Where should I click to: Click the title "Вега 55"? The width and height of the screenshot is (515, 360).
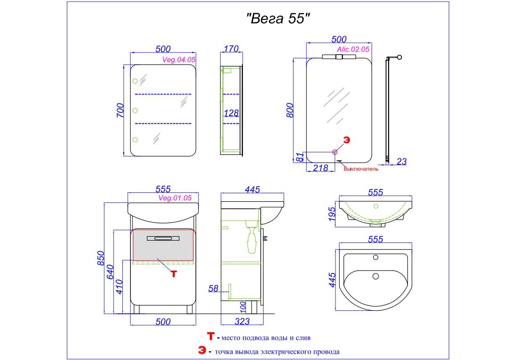[278, 18]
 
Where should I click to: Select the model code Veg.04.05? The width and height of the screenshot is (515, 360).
[179, 60]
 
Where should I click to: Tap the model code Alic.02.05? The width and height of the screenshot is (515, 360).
[353, 49]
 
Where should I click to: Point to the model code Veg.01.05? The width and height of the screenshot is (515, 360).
[175, 198]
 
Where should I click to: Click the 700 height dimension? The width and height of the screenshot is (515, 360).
[120, 110]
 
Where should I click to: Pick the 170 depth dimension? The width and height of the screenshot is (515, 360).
[231, 49]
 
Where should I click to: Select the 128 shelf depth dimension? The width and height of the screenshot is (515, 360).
[231, 113]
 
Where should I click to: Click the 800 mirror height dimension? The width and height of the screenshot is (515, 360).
[290, 110]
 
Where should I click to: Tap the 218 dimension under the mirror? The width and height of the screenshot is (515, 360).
[320, 168]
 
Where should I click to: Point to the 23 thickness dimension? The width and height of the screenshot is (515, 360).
[401, 161]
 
